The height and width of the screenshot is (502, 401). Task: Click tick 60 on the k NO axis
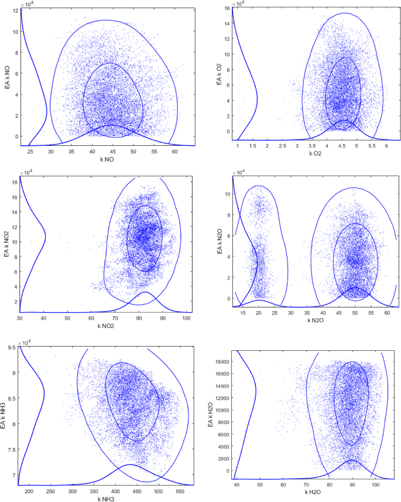click(x=174, y=152)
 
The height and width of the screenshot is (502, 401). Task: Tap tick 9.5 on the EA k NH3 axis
click(x=13, y=347)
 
